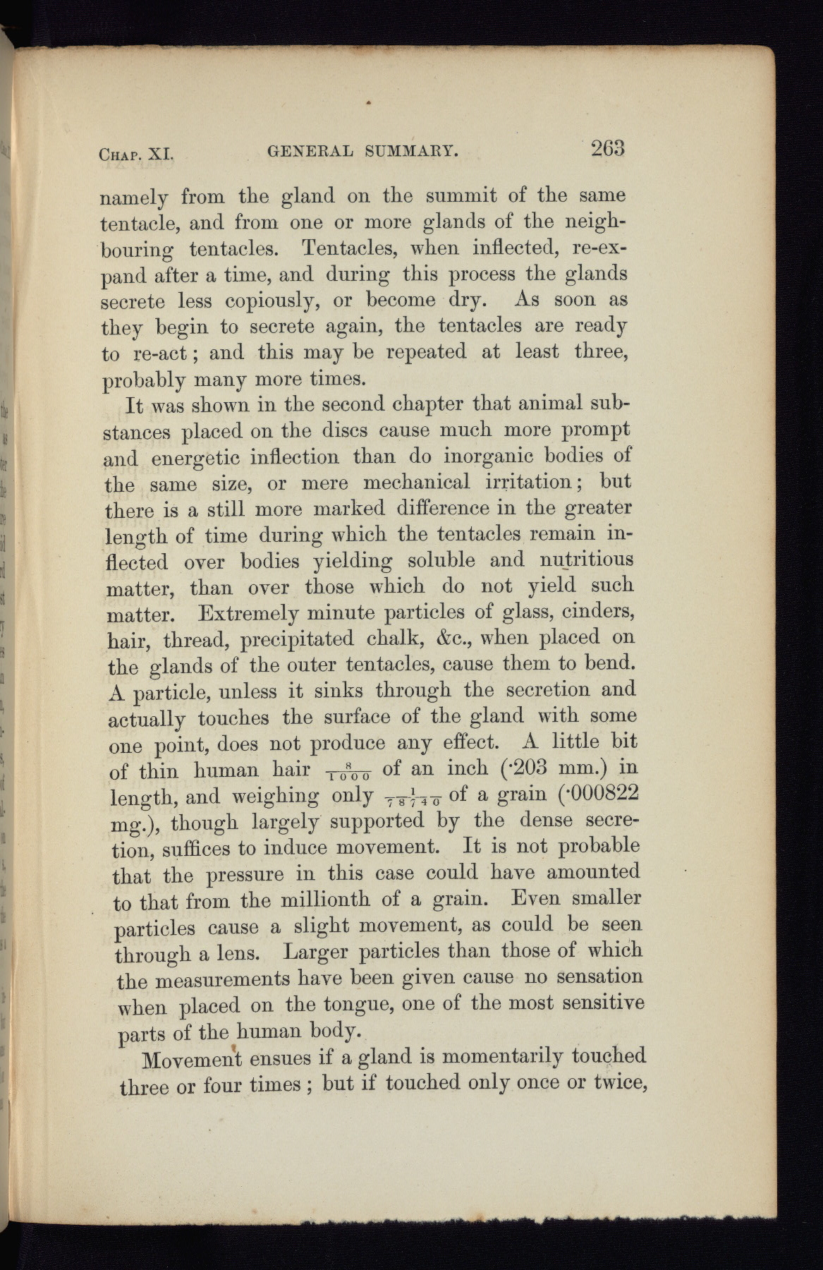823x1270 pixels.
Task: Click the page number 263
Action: point(609,150)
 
